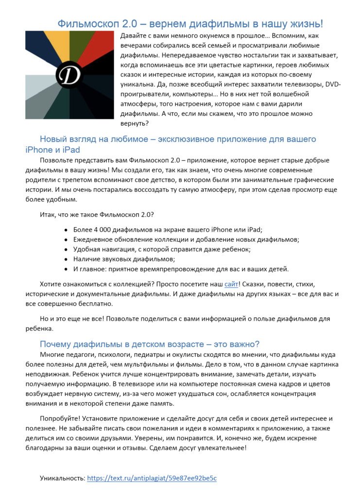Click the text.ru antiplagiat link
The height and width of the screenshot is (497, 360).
coord(152,478)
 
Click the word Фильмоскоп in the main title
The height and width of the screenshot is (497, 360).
coord(86,24)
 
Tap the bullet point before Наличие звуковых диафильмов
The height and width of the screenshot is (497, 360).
coord(66,259)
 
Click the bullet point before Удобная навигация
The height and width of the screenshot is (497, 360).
coord(66,249)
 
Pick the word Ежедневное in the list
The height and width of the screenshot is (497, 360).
coord(93,239)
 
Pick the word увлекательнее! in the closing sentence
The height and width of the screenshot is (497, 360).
coord(223,448)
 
